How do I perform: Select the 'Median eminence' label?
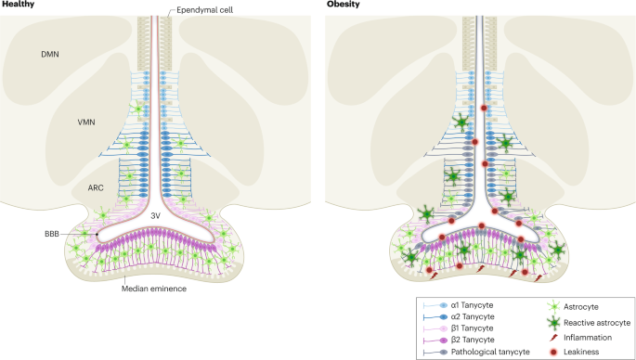[x=154, y=289]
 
